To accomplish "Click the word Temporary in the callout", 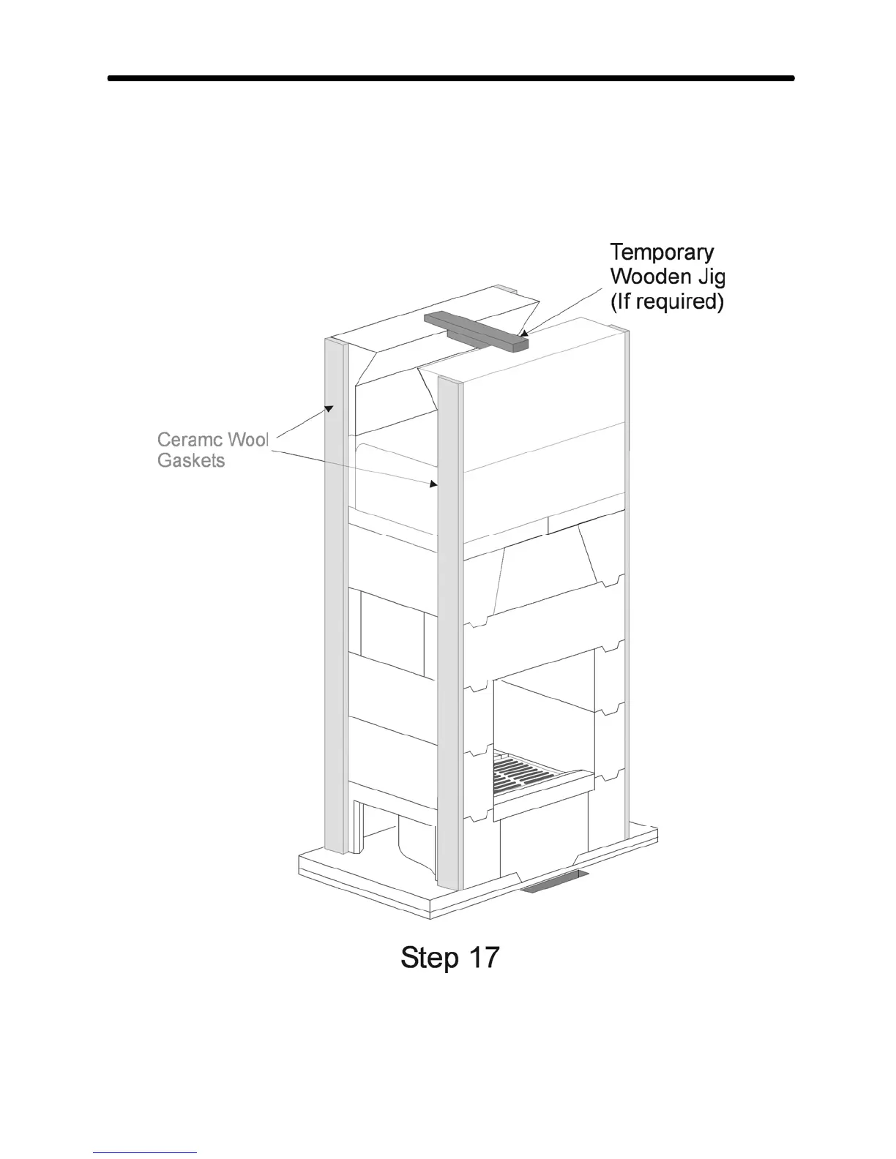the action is pyautogui.click(x=662, y=252).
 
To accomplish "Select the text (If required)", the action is pyautogui.click(x=667, y=301).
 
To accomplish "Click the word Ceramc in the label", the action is pyautogui.click(x=190, y=440).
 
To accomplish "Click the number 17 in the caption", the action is pyautogui.click(x=482, y=957).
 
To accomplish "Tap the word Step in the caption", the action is pyautogui.click(x=430, y=958).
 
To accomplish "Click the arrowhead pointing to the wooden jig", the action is pyautogui.click(x=525, y=334).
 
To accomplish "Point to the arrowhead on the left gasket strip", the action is pyautogui.click(x=329, y=408).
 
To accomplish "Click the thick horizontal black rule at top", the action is pyautogui.click(x=450, y=78).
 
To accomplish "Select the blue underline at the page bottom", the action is pyautogui.click(x=145, y=1152).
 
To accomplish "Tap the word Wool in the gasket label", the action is pyautogui.click(x=248, y=440).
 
